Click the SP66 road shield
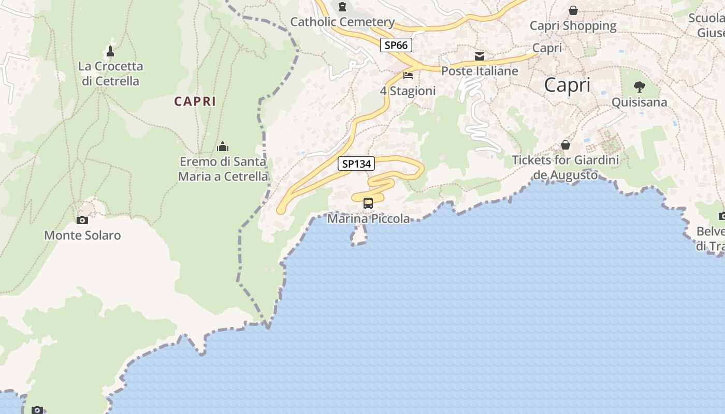click(x=396, y=45)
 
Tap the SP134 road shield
click(x=356, y=164)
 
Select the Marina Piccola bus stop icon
click(x=368, y=203)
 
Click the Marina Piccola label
click(x=368, y=219)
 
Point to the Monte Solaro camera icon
click(x=82, y=220)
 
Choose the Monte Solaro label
click(x=82, y=235)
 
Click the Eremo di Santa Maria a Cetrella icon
click(x=223, y=147)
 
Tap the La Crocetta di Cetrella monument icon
click(x=110, y=51)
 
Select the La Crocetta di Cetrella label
click(x=110, y=73)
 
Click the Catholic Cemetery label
click(x=342, y=22)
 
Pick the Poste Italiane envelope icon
click(x=480, y=56)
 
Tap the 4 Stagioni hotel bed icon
click(x=408, y=76)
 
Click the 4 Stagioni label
click(x=408, y=91)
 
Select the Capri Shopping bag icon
click(x=573, y=10)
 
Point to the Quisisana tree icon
click(x=640, y=87)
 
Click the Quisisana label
click(x=640, y=102)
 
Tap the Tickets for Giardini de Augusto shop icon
click(x=565, y=145)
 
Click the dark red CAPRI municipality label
click(x=195, y=101)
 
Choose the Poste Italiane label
click(x=480, y=71)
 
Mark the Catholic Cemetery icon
click(x=342, y=7)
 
